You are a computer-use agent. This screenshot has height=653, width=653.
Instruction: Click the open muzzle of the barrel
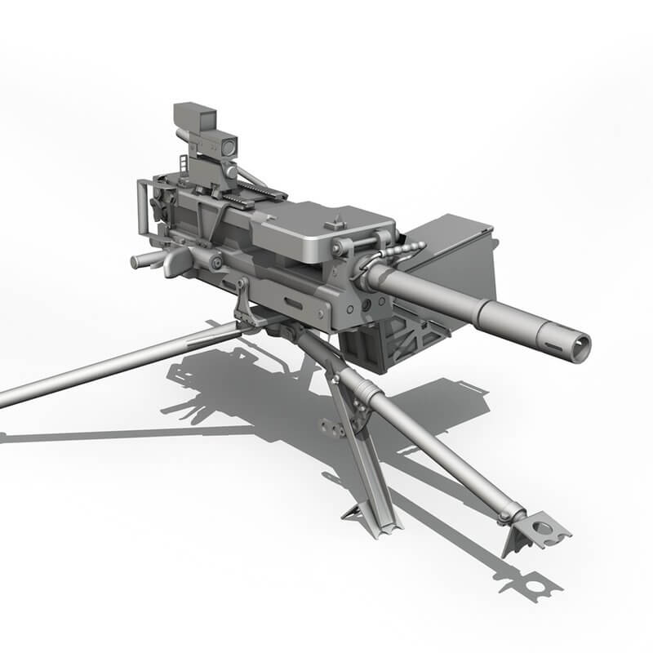point(580,347)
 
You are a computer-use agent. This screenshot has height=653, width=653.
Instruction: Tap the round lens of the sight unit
point(229,145)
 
